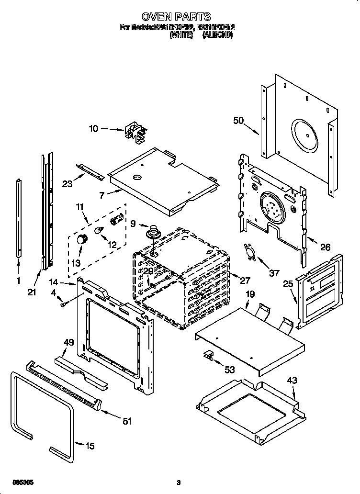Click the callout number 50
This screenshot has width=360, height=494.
coord(238,121)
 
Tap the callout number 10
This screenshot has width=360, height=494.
coord(94,128)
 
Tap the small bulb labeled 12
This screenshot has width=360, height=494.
coord(100,231)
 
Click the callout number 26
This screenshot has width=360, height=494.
coord(325,247)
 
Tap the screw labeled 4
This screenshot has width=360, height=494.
coord(63,303)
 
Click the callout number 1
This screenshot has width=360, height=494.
coord(19,281)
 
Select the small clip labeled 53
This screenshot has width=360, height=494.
coord(209,355)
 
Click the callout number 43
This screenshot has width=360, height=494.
coord(292,381)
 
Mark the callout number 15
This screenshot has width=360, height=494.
coord(90,446)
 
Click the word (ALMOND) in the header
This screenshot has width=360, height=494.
coord(217,35)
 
